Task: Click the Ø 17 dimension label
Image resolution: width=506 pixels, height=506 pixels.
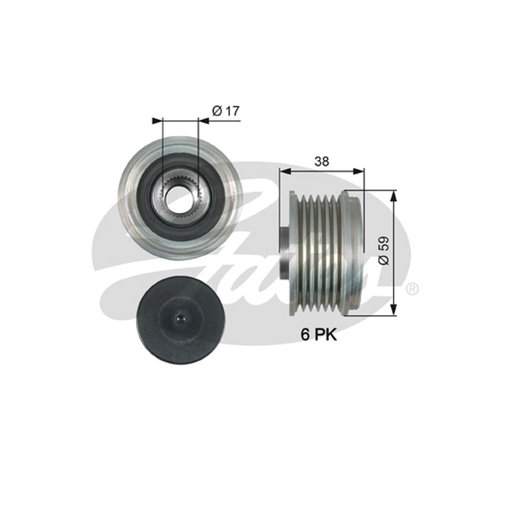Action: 226,111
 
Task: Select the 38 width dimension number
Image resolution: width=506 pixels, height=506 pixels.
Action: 322,161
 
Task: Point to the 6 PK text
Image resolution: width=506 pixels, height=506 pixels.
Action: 319,335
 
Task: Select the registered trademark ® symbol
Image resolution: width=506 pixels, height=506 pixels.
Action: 412,289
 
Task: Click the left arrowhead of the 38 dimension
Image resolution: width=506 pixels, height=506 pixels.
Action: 285,171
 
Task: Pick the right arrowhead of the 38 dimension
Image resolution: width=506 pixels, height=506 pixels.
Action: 359,171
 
